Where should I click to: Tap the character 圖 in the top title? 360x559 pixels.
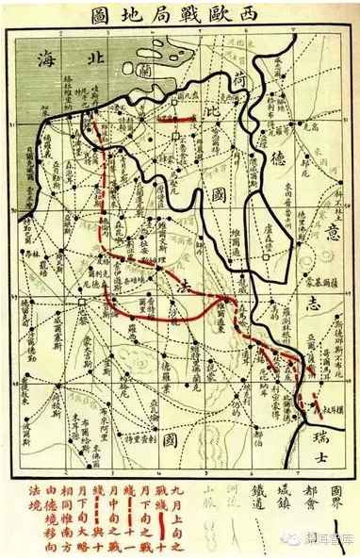[100, 16]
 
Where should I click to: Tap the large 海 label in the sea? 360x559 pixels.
[44, 58]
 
